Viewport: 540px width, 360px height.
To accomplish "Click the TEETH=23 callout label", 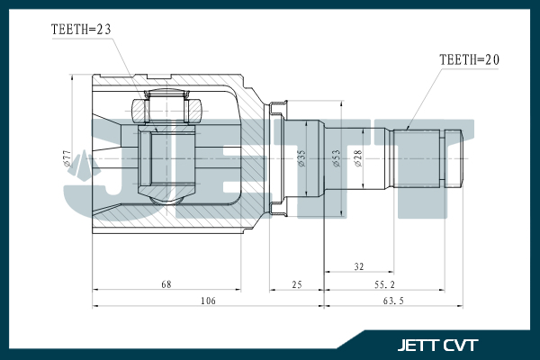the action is point(81,30).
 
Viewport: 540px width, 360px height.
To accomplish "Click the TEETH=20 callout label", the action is point(469,60).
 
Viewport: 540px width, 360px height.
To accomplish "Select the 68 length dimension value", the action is point(166,284).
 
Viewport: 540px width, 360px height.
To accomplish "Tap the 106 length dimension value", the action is point(208,301).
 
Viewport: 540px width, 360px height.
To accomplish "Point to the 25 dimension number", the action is point(297,284).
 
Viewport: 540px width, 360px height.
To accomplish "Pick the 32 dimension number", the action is point(359,266).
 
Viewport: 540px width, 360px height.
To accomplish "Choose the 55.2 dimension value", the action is point(384,284).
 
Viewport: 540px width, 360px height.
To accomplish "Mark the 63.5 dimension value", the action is point(393,301).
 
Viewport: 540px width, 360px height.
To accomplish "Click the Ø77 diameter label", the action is point(67,158).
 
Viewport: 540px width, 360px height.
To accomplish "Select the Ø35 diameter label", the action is point(301,158).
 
